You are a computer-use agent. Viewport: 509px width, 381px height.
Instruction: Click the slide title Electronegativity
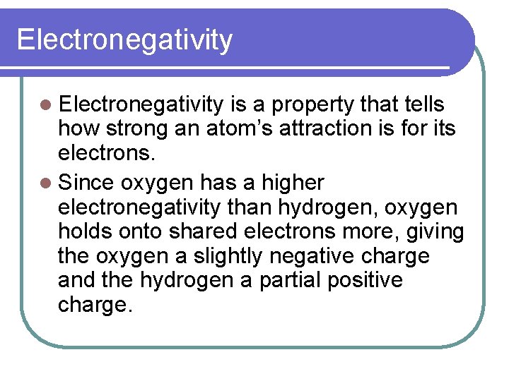124,40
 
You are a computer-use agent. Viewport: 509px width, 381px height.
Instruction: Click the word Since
87,183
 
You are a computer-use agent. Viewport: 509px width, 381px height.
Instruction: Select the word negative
328,255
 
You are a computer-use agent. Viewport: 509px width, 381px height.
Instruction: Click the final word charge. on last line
95,304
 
